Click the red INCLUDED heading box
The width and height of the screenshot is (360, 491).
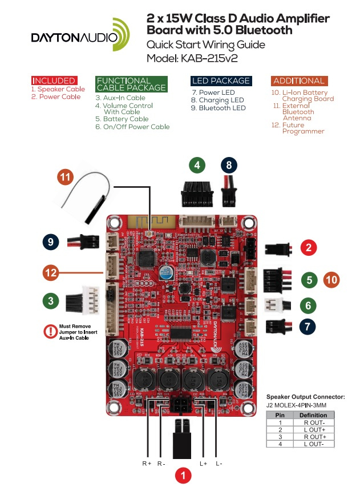click(x=54, y=81)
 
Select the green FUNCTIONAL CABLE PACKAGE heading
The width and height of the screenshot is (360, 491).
click(x=132, y=84)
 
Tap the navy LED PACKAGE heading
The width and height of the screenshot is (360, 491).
click(x=221, y=81)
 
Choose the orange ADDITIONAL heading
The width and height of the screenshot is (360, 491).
click(x=299, y=81)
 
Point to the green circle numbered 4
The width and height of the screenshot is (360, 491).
click(x=197, y=166)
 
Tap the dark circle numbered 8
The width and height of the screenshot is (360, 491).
click(x=229, y=166)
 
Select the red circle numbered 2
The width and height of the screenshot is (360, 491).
click(x=309, y=248)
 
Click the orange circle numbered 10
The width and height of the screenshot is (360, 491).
click(x=332, y=280)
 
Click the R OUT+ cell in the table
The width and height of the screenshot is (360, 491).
click(x=313, y=437)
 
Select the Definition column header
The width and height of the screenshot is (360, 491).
click(x=313, y=415)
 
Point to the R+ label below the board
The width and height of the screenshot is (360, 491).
click(x=147, y=464)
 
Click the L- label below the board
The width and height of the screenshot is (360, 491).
click(x=219, y=464)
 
